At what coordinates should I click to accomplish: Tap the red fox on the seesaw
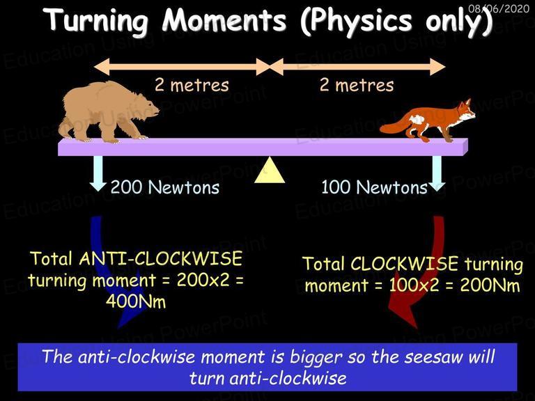click(x=428, y=120)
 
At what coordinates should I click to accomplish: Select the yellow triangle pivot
click(x=270, y=170)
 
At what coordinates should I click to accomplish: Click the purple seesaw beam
click(x=263, y=147)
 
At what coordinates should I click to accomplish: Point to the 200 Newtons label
click(x=165, y=187)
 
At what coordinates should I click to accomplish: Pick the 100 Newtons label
click(x=374, y=187)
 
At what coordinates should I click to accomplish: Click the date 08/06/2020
click(x=499, y=8)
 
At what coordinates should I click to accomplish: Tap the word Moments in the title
click(x=224, y=19)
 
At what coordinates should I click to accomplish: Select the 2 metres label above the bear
click(x=192, y=85)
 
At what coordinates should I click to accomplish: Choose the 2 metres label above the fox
click(x=357, y=85)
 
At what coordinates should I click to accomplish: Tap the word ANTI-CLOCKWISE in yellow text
click(x=161, y=258)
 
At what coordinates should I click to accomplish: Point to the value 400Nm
click(x=136, y=301)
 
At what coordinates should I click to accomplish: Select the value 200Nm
click(x=490, y=285)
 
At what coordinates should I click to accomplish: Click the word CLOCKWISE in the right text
click(x=404, y=264)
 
